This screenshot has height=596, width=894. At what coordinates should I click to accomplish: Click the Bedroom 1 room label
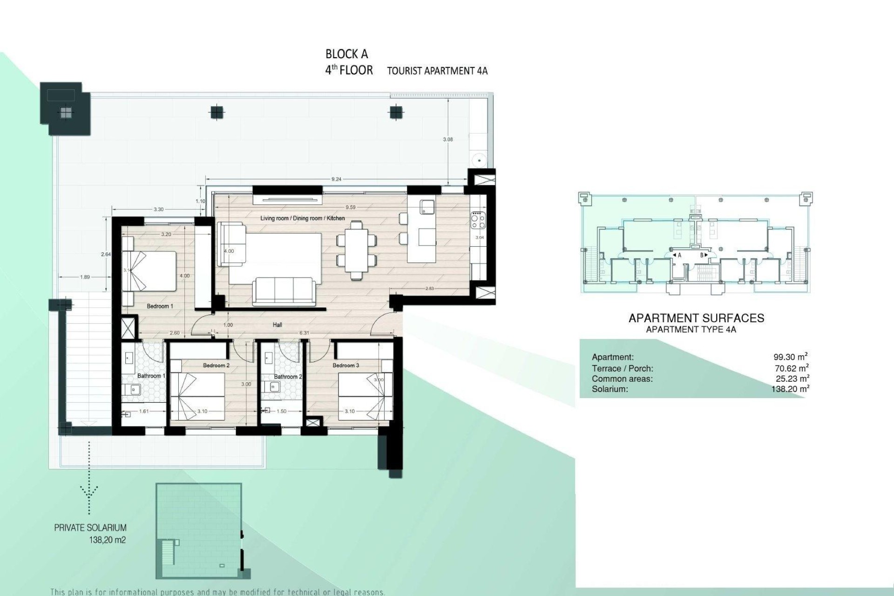click(160, 306)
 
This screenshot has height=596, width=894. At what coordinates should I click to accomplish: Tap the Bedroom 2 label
click(216, 366)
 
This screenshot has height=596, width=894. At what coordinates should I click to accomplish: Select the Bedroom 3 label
click(345, 366)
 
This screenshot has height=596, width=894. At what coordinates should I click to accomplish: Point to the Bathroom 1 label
click(149, 376)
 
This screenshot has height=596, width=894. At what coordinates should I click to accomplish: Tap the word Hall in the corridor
click(278, 325)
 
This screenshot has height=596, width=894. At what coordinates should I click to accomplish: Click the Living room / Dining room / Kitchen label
click(303, 218)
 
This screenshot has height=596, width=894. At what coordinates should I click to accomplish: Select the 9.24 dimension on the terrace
click(336, 179)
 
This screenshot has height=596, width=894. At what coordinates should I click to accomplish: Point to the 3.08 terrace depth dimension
click(448, 139)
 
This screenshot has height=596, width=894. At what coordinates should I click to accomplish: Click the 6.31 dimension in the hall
click(304, 333)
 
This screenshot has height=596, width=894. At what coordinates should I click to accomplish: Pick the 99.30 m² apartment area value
click(790, 357)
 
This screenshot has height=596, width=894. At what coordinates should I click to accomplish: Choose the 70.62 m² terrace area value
click(791, 368)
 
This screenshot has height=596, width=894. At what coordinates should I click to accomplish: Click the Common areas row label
click(622, 379)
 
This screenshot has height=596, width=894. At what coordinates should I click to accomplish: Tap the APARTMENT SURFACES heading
click(696, 318)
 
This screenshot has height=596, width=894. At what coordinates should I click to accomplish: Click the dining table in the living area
click(356, 250)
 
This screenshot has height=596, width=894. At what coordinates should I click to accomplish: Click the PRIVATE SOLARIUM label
click(90, 528)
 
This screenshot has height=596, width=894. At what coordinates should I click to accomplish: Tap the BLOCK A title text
click(346, 54)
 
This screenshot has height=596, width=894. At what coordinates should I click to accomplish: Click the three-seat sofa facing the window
click(283, 291)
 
